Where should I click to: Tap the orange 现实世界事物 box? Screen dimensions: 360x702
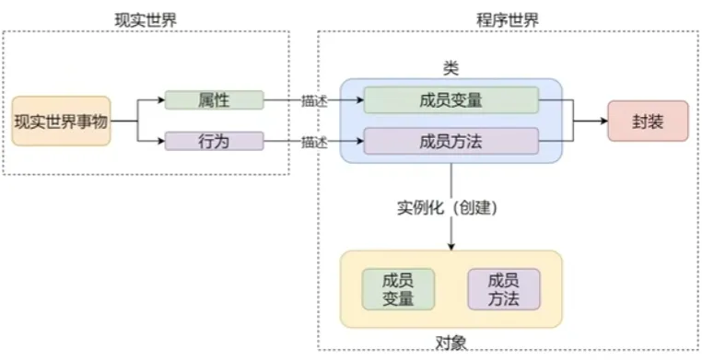pos(61,121)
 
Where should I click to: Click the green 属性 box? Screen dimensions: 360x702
pos(214,99)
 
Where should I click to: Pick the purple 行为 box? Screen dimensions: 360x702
pos(214,142)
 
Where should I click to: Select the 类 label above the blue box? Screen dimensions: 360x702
pos(451,69)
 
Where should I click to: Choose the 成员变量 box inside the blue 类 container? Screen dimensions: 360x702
pos(450,100)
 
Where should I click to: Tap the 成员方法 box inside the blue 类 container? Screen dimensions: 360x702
pos(450,142)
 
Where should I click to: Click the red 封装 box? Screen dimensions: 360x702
pos(648,121)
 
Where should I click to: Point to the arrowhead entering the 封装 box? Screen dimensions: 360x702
pos(603,121)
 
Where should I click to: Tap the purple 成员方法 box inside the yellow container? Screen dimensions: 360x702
pos(504,289)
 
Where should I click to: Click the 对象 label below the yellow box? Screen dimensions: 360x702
pos(451,342)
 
